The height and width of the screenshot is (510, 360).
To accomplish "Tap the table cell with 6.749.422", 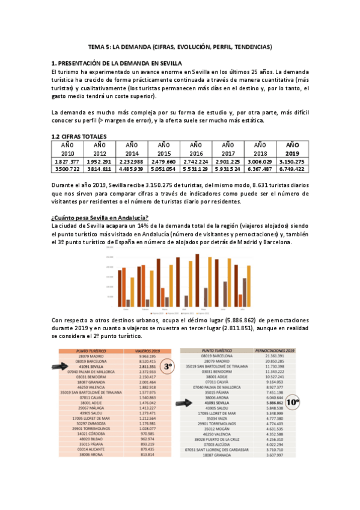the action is [x=292, y=170].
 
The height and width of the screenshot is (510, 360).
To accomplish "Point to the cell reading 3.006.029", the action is [x=260, y=162].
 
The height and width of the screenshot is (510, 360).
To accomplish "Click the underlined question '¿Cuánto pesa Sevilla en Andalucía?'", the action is [x=100, y=217].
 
